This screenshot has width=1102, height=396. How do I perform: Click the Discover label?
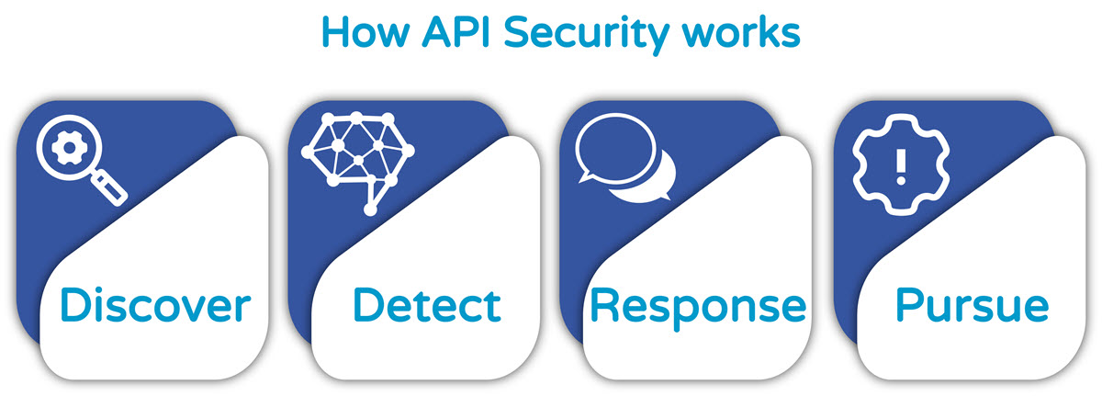click(x=155, y=303)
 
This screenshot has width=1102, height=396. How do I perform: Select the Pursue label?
click(x=971, y=303)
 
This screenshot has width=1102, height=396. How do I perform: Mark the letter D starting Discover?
click(x=80, y=303)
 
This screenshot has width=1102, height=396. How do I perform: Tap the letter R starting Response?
click(x=607, y=303)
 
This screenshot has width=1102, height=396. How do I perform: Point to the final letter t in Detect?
click(x=491, y=303)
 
